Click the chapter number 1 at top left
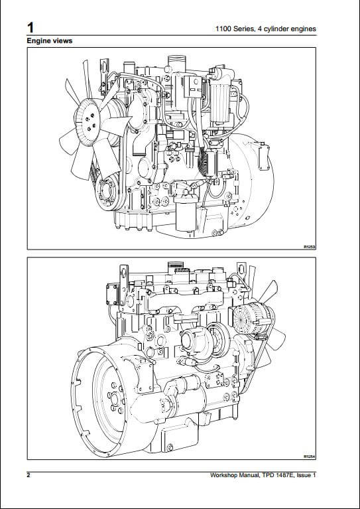30,28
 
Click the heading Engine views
50,41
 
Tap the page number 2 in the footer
29,475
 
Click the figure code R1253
310,247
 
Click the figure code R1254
310,457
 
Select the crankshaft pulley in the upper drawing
107,192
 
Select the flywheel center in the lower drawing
115,399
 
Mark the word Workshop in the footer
223,475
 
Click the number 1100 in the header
224,29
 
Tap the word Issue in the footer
304,475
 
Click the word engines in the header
304,30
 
